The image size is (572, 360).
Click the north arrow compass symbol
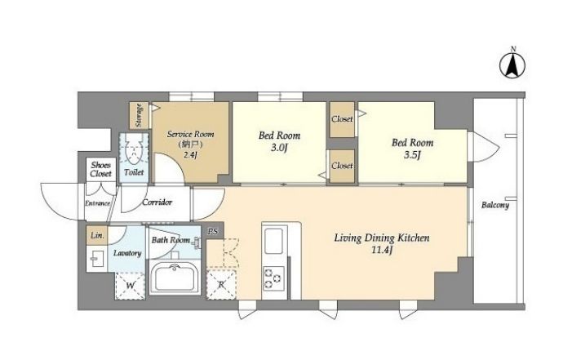pyautogui.click(x=512, y=65)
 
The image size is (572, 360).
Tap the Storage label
pyautogui.click(x=139, y=115)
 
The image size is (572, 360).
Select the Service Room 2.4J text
pyautogui.click(x=190, y=144)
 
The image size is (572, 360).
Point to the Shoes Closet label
pyautogui.click(x=100, y=170)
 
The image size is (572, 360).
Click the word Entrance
pyautogui.click(x=97, y=203)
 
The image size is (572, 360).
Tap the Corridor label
pyautogui.click(x=157, y=202)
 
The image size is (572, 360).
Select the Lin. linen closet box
pyautogui.click(x=97, y=235)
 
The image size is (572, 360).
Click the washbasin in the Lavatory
pyautogui.click(x=96, y=259)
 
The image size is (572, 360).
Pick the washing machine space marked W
pyautogui.click(x=131, y=286)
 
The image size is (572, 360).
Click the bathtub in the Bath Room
pyautogui.click(x=175, y=278)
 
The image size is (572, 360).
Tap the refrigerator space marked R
pyautogui.click(x=221, y=284)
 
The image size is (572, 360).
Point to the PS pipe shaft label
pyautogui.click(x=213, y=232)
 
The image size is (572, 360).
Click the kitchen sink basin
pyautogui.click(x=274, y=241)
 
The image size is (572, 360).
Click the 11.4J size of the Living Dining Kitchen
pyautogui.click(x=382, y=251)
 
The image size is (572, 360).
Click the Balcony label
pyautogui.click(x=495, y=205)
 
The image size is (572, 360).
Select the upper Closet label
pyautogui.click(x=342, y=119)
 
